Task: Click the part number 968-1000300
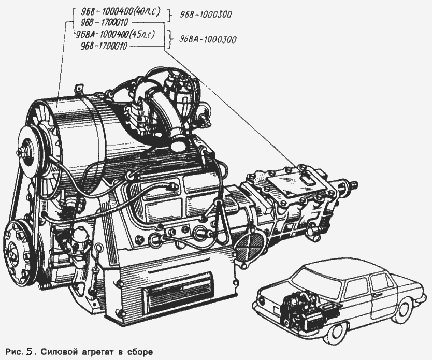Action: (206, 15)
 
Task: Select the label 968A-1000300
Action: (208, 39)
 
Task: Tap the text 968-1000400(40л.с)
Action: (121, 12)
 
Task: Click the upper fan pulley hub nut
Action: (23, 152)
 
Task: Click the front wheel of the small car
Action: (411, 311)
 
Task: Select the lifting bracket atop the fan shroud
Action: (79, 89)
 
